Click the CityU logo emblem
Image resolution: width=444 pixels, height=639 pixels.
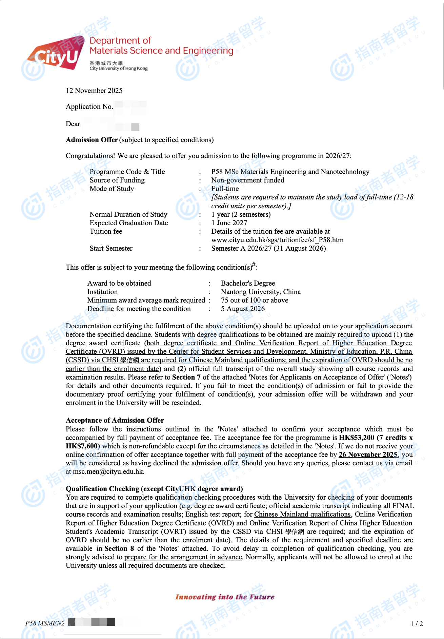tap(56, 54)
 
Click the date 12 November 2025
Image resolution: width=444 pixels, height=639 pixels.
tap(94, 91)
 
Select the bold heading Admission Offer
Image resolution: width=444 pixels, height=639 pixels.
tap(92, 140)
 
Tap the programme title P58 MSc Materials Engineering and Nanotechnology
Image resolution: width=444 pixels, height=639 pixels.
tap(290, 172)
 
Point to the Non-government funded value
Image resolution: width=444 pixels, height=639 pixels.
tap(247, 180)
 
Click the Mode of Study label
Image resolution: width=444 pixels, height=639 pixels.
tap(112, 189)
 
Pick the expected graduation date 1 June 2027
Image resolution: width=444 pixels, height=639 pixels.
tap(229, 223)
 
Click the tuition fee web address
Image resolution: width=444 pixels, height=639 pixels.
tap(277, 240)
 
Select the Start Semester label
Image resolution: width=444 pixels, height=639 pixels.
tap(111, 248)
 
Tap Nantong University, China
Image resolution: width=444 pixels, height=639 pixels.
tap(261, 292)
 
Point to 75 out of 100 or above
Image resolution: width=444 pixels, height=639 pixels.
tap(255, 300)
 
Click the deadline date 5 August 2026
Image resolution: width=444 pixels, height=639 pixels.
tap(243, 309)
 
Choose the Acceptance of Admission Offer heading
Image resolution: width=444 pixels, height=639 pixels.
tap(115, 420)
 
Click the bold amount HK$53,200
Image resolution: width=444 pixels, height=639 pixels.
tap(356, 438)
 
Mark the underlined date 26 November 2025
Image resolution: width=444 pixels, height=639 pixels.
tap(368, 454)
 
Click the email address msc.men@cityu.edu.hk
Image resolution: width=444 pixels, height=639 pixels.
tap(108, 471)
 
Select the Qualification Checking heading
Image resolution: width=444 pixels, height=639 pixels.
tap(154, 489)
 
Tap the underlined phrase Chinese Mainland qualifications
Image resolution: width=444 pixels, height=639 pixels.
tap(302, 514)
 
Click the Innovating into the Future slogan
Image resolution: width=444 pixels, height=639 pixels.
tap(225, 597)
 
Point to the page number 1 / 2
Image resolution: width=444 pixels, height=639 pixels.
tap(417, 624)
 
